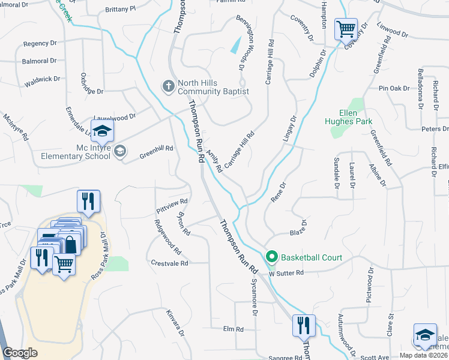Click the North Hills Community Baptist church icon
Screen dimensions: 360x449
tap(169, 87)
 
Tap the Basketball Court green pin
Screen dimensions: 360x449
tap(271, 258)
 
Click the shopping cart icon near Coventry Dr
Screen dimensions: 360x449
tap(346, 28)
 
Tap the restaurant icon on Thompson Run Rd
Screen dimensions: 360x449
tap(303, 325)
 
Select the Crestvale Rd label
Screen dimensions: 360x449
tap(170, 263)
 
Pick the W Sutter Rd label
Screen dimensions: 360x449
tap(286, 273)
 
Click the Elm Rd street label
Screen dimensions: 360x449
tap(233, 329)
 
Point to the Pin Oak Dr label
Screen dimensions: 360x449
tap(393, 89)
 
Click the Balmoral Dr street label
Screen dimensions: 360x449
tap(40, 61)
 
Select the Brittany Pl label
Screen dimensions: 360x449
tap(120, 10)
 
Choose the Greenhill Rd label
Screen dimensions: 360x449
tap(156, 148)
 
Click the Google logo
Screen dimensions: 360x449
tap(20, 352)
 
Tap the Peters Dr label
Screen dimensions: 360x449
tap(435, 129)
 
